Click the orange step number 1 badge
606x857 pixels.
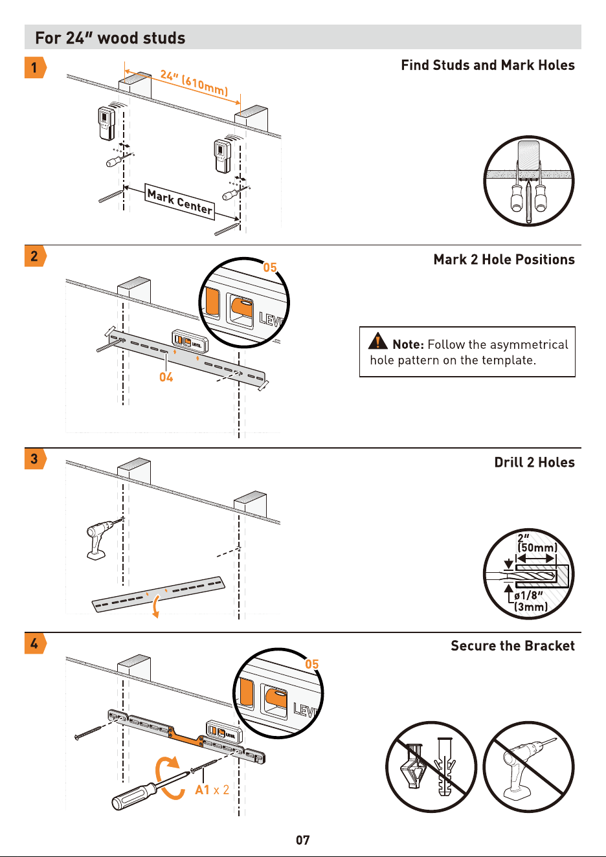(x=35, y=67)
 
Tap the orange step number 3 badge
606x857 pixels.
(x=35, y=458)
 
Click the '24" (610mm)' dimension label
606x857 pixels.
(x=194, y=82)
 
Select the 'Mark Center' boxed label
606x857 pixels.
(x=180, y=201)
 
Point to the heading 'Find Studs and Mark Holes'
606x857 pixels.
(x=488, y=65)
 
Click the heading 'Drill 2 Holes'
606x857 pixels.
(x=535, y=462)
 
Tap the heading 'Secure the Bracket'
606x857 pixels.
(x=513, y=645)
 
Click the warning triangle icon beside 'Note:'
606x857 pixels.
(x=378, y=341)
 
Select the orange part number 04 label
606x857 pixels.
(x=166, y=377)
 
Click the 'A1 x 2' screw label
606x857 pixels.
(x=212, y=790)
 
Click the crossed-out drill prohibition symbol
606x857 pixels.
(x=529, y=767)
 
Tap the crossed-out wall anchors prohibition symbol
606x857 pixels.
(x=431, y=767)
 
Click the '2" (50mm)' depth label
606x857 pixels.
(x=536, y=543)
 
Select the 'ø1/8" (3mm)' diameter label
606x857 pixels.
(x=531, y=601)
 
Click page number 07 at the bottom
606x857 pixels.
(x=302, y=840)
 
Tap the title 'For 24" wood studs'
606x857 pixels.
(x=110, y=38)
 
